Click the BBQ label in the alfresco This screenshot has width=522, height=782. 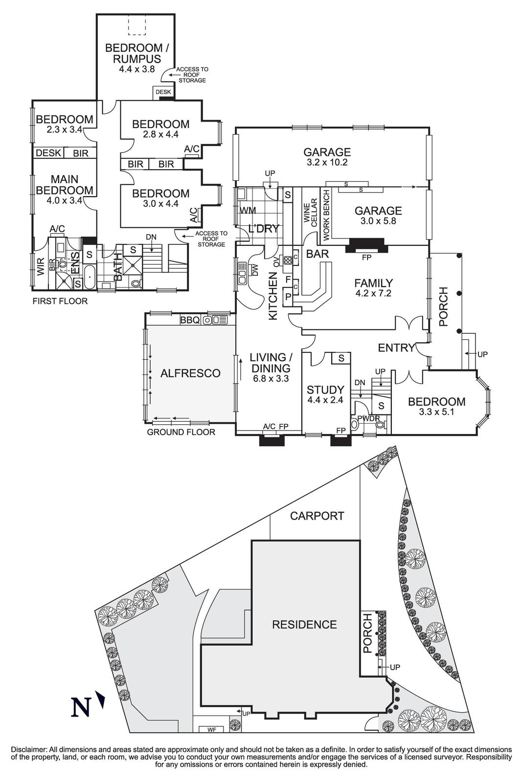coord(190,320)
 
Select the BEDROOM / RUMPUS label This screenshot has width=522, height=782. coord(134,53)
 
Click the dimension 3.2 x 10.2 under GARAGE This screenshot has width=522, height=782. coord(327,163)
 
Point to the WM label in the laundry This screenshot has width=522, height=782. coord(248,211)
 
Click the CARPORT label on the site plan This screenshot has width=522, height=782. coord(317,516)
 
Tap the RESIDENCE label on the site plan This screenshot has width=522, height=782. coord(304,624)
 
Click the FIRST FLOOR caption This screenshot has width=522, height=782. coord(60,301)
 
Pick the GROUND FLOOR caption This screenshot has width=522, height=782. coord(181,432)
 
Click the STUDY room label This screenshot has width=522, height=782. coord(325,390)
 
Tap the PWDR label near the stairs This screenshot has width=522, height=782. coord(368,418)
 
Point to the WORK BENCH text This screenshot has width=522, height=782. coord(326,213)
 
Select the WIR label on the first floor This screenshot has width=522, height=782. coord(41,267)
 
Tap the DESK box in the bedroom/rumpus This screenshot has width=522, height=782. coord(163,92)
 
